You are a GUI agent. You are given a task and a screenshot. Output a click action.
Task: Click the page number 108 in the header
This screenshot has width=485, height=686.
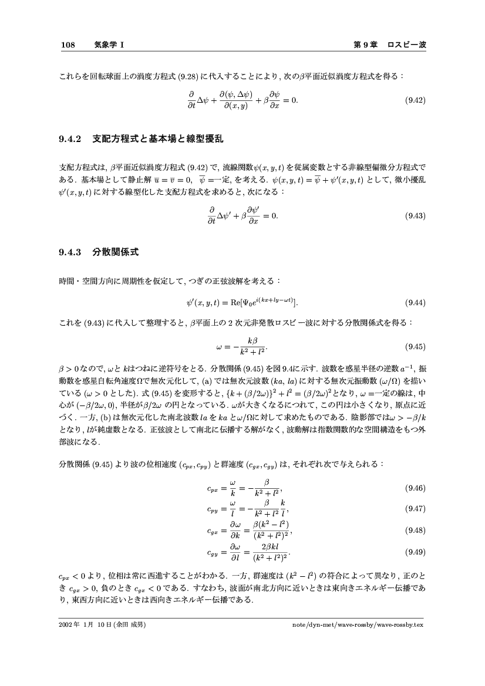tap(68, 45)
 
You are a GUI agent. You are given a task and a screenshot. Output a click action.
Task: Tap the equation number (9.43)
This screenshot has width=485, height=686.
tap(415, 216)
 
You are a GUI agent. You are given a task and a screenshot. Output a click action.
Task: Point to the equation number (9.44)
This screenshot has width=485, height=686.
tap(415, 303)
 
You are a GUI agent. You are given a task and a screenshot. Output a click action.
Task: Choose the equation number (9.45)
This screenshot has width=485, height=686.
tap(415, 346)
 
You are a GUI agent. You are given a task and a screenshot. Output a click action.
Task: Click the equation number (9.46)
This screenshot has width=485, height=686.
tap(415, 488)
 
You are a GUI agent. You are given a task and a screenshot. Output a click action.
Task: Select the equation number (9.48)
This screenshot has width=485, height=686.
tap(415, 530)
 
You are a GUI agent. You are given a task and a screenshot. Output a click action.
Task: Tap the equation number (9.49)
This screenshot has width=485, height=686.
tap(415, 552)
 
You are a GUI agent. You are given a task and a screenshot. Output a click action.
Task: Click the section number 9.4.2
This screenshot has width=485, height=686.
tap(71, 140)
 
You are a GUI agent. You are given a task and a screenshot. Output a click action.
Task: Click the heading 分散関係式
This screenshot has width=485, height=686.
tap(116, 254)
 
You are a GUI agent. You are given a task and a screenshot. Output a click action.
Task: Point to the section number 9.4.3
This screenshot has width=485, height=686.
tap(71, 254)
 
